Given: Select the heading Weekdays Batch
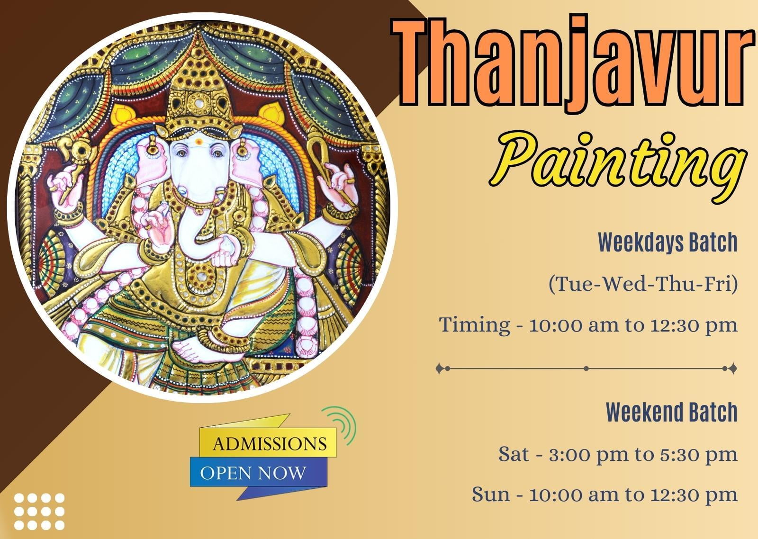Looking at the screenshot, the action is click(x=668, y=242).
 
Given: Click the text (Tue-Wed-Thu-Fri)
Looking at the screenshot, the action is click(x=643, y=284).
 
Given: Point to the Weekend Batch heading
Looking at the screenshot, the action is click(x=671, y=412).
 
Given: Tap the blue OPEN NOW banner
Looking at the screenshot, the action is click(x=259, y=473).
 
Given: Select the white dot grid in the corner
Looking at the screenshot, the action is click(x=39, y=512).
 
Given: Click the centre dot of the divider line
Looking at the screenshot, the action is click(x=586, y=368).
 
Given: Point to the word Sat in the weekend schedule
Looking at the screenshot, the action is click(x=514, y=454).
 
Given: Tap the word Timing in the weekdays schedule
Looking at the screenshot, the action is click(x=474, y=325).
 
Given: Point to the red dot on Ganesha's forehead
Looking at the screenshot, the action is click(x=199, y=142).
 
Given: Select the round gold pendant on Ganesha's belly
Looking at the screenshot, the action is click(x=202, y=276).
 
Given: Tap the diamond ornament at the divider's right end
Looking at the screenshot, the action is click(x=732, y=368).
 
